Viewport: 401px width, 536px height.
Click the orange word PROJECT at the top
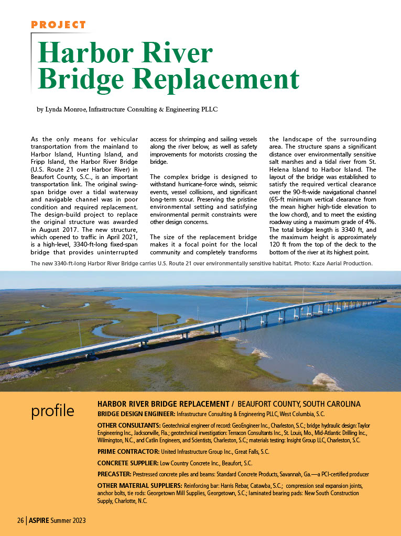coord(58,25)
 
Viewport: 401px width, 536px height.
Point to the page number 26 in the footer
coord(20,520)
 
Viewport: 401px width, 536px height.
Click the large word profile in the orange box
coord(52,411)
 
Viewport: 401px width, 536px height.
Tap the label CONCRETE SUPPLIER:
coord(127,463)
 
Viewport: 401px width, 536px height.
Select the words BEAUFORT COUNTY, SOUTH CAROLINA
coord(299,404)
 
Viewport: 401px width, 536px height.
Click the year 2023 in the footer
coord(77,520)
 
